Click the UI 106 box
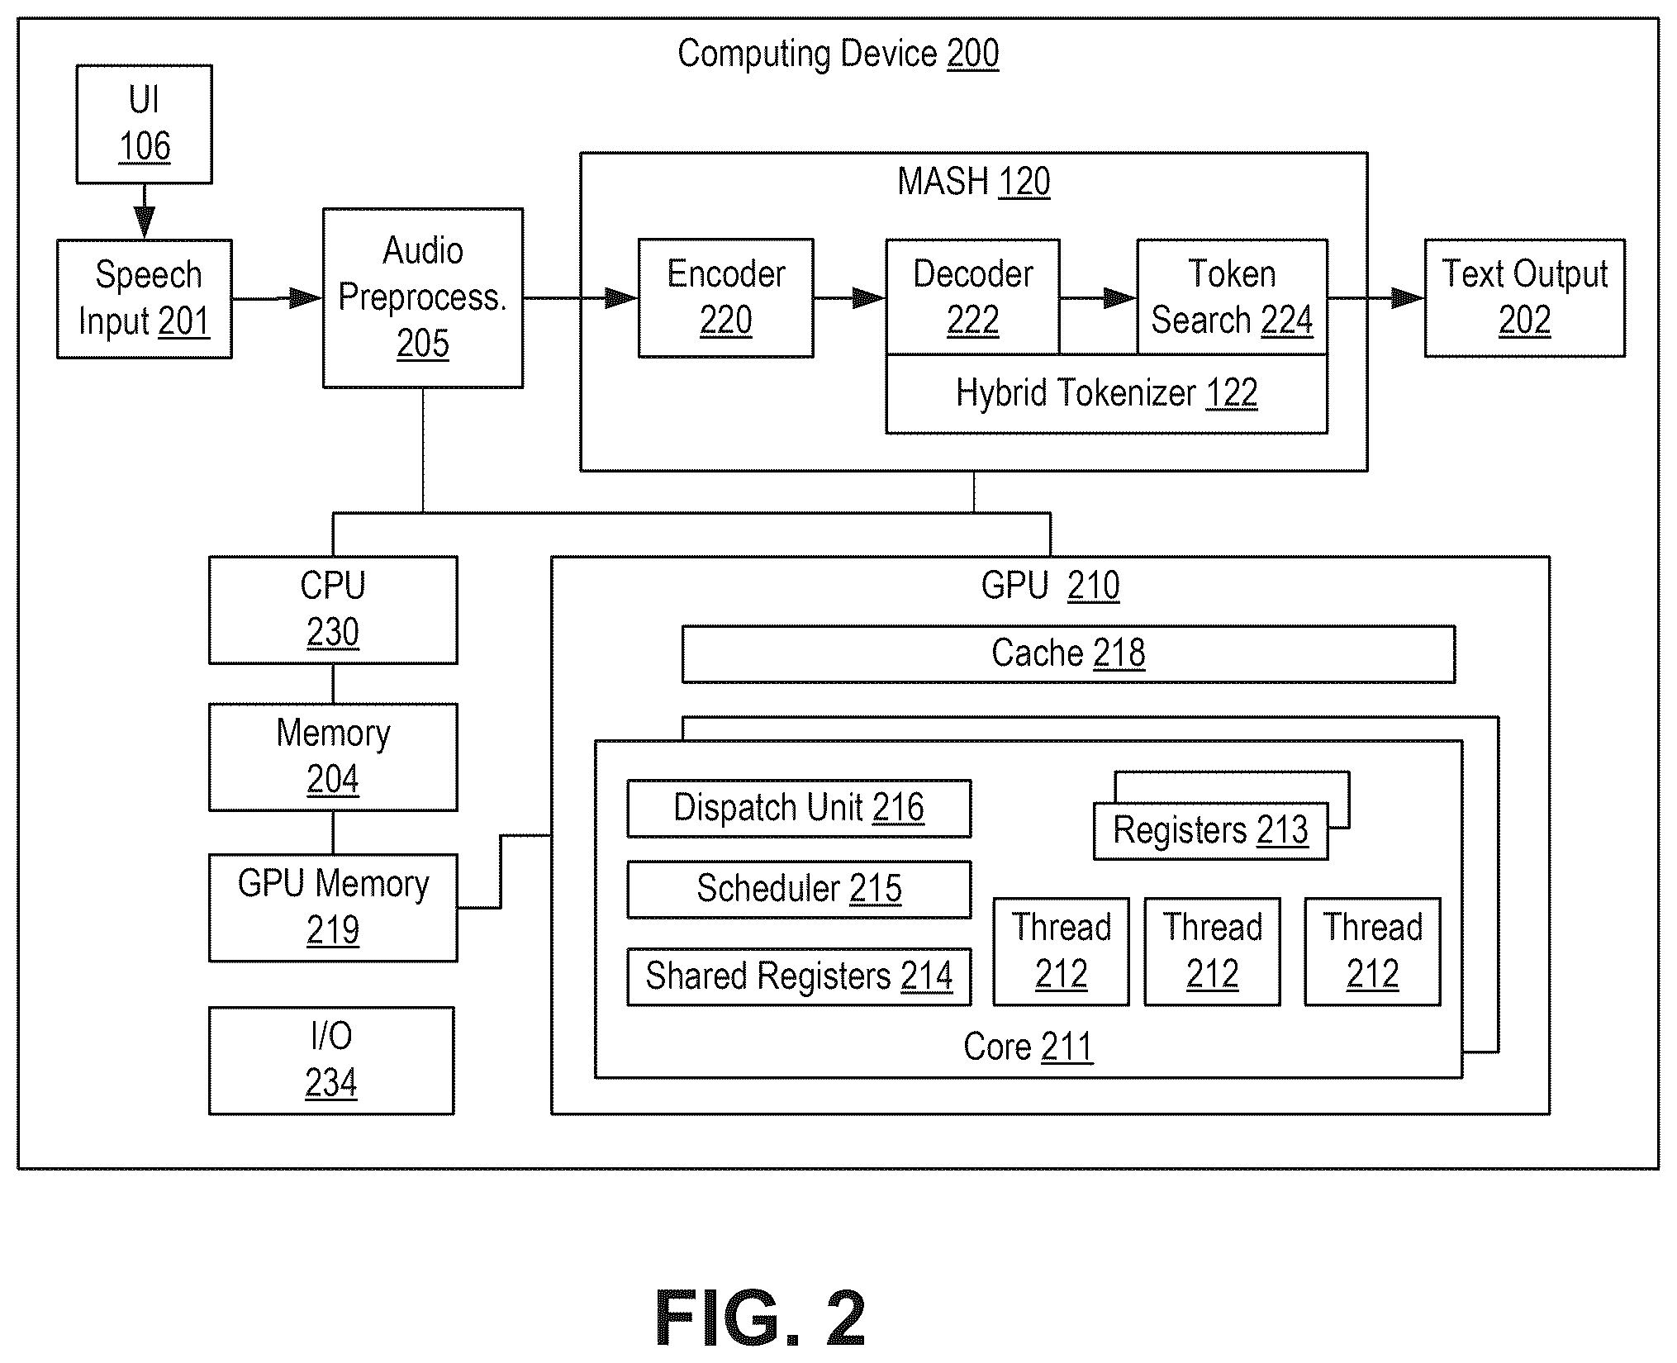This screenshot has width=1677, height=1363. tap(145, 124)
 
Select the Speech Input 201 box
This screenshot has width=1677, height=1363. tap(145, 299)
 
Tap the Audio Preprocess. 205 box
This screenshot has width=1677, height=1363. tap(423, 297)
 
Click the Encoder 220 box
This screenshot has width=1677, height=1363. tap(726, 298)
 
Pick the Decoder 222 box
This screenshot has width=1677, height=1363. tap(973, 297)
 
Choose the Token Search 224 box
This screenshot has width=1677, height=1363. tap(1233, 297)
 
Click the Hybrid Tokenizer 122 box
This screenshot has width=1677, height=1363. tap(1107, 394)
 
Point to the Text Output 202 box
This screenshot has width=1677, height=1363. tap(1525, 298)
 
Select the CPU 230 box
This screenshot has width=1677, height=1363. tap(333, 610)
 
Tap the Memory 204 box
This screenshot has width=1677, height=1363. tap(333, 757)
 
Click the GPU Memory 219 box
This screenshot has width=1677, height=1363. tap(333, 908)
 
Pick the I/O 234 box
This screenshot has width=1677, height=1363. tap(331, 1061)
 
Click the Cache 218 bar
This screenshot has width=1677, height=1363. tap(1069, 654)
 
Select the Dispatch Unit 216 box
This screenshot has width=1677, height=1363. tap(799, 809)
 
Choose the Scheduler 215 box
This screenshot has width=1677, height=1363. tap(799, 890)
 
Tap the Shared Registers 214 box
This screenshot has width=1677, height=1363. tap(799, 976)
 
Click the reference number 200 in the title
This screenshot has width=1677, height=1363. tap(973, 55)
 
